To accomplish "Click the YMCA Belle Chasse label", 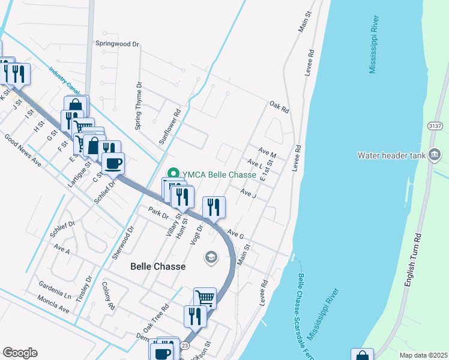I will pyautogui.click(x=219, y=175).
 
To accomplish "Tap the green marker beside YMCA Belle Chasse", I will pyautogui.click(x=174, y=175).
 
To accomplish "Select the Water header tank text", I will pyautogui.click(x=391, y=155).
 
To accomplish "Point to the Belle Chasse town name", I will pyautogui.click(x=158, y=266).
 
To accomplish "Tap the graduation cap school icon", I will pyautogui.click(x=211, y=257).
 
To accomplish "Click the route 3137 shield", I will pyautogui.click(x=436, y=126).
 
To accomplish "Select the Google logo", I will pyautogui.click(x=20, y=352).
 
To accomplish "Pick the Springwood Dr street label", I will pyautogui.click(x=117, y=44).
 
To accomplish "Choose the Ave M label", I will pyautogui.click(x=267, y=154).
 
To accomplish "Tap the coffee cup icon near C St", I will pyautogui.click(x=113, y=162).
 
